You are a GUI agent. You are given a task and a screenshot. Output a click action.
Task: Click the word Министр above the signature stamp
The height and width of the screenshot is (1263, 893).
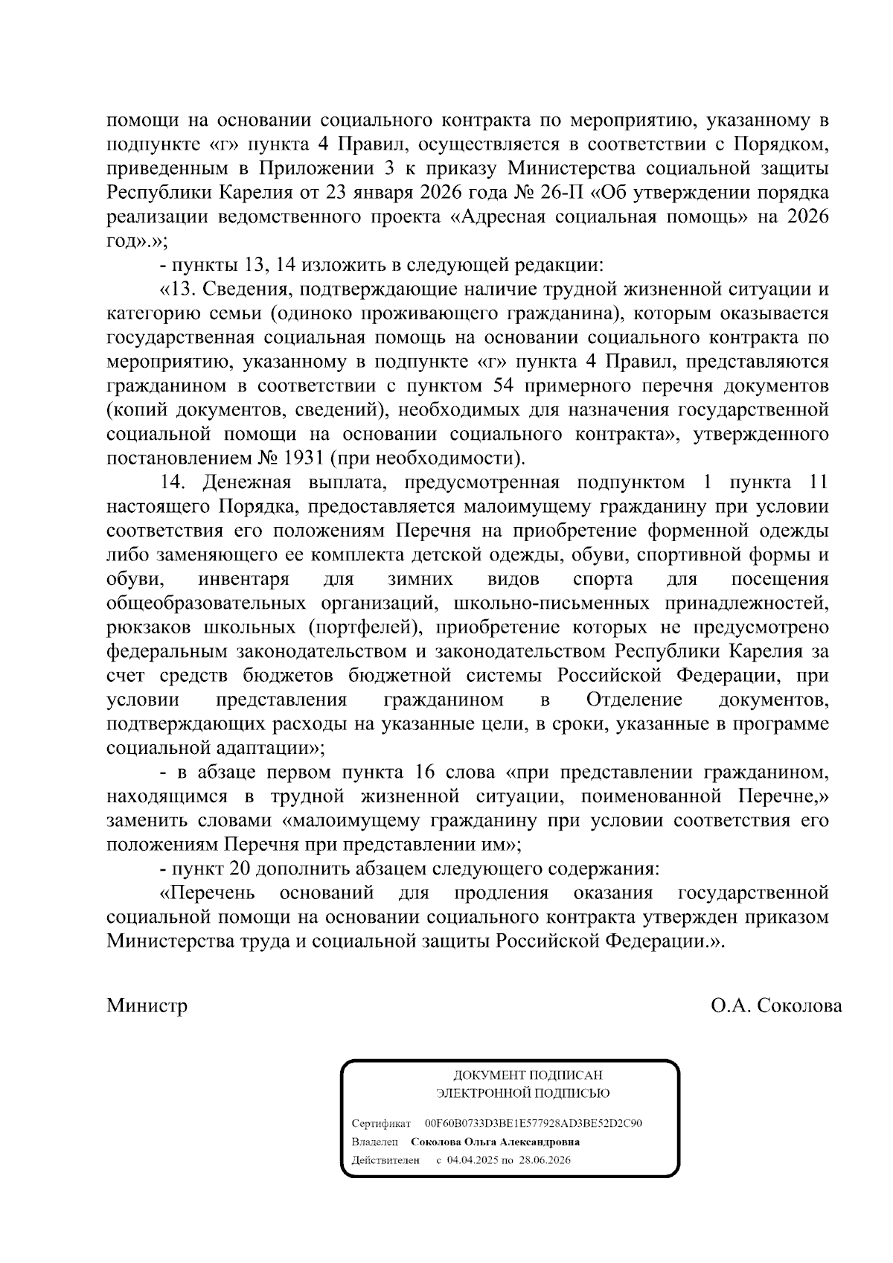click(147, 1005)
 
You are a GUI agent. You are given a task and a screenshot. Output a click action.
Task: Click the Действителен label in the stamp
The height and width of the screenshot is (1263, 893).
click(385, 1160)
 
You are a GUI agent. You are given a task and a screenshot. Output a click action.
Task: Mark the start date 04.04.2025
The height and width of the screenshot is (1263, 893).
click(477, 1160)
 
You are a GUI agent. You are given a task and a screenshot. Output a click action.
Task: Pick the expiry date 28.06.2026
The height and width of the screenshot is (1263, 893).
click(545, 1160)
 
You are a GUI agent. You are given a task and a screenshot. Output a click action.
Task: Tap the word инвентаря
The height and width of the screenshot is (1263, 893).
click(243, 579)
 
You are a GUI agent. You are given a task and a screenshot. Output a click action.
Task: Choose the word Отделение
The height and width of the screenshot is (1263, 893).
click(634, 700)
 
